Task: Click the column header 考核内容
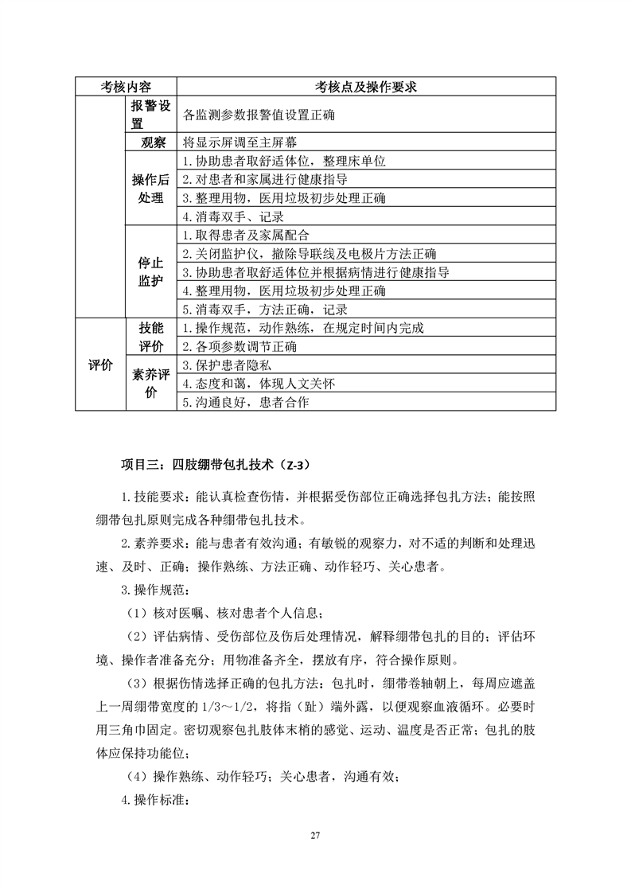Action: click(126, 87)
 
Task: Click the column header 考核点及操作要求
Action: click(366, 87)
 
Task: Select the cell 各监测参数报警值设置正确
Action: click(258, 115)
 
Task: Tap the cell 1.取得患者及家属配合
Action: click(245, 236)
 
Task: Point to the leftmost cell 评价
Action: click(99, 365)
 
